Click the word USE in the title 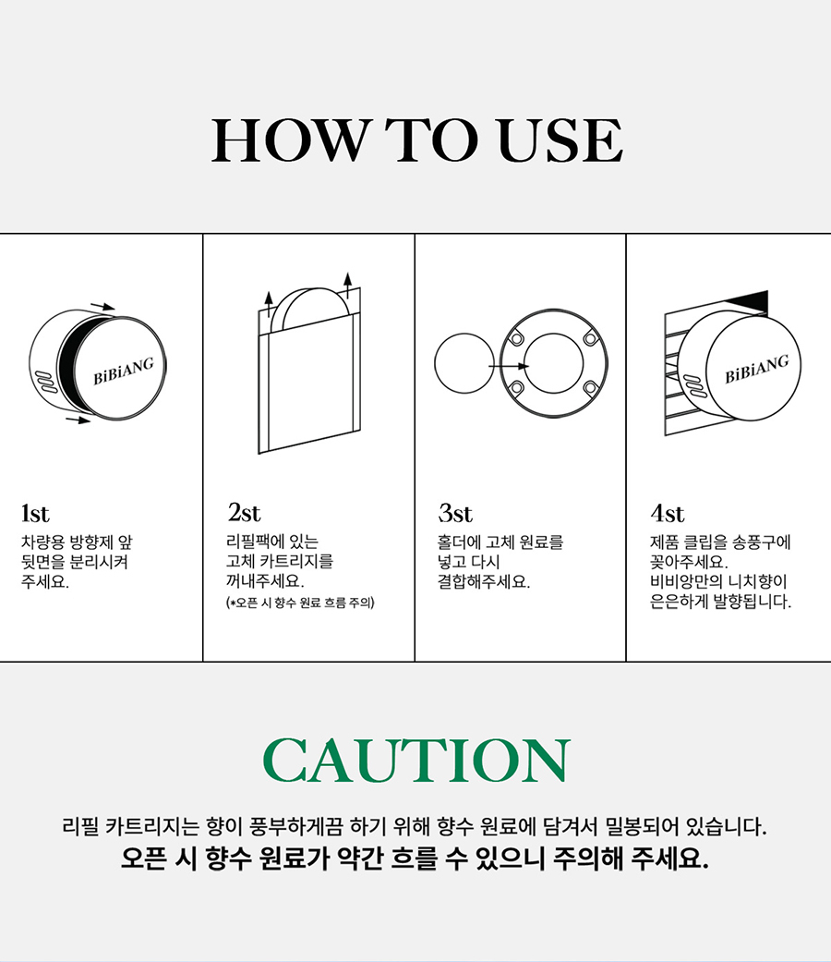560,140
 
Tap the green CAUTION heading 416,761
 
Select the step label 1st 35,514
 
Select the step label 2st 244,512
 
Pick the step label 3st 455,513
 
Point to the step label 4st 668,513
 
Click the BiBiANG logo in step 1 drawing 123,371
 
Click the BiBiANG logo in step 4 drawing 757,369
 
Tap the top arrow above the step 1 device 102,306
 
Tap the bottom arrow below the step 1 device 78,420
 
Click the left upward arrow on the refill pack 269,305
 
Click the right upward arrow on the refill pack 348,286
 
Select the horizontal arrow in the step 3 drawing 509,366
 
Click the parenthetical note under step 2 300,603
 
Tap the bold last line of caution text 415,858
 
